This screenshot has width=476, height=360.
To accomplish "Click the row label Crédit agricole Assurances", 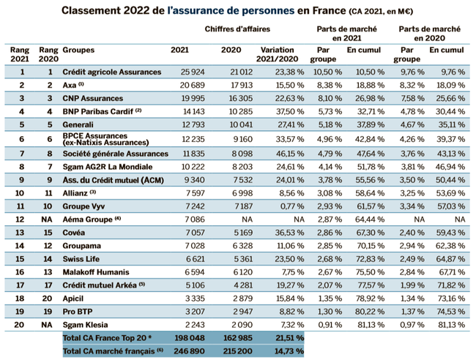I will [111, 72].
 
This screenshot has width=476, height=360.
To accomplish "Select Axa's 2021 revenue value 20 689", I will [182, 85].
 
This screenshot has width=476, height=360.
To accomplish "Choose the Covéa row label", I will [76, 232].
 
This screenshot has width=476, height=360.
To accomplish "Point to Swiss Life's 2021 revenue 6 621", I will [185, 258].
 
